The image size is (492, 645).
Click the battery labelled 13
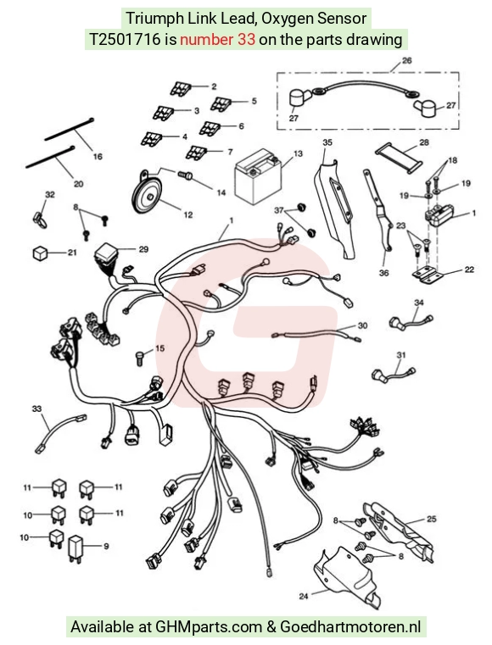tap(258, 177)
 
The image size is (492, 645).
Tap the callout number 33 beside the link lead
tap(36, 409)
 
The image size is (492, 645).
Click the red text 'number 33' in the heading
tap(217, 40)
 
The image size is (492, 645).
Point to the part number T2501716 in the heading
tap(125, 40)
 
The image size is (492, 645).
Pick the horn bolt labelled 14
tap(186, 175)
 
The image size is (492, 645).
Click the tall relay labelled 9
tap(75, 548)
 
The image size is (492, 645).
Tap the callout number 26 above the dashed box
tap(406, 60)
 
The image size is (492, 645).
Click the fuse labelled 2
tap(181, 89)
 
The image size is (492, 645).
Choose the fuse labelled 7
tap(196, 153)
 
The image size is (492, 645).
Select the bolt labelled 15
tap(141, 357)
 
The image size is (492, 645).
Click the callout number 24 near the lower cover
tap(304, 596)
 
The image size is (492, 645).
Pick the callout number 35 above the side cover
tap(327, 142)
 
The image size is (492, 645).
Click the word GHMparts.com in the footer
tap(209, 627)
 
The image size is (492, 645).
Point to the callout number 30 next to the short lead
tap(362, 325)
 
